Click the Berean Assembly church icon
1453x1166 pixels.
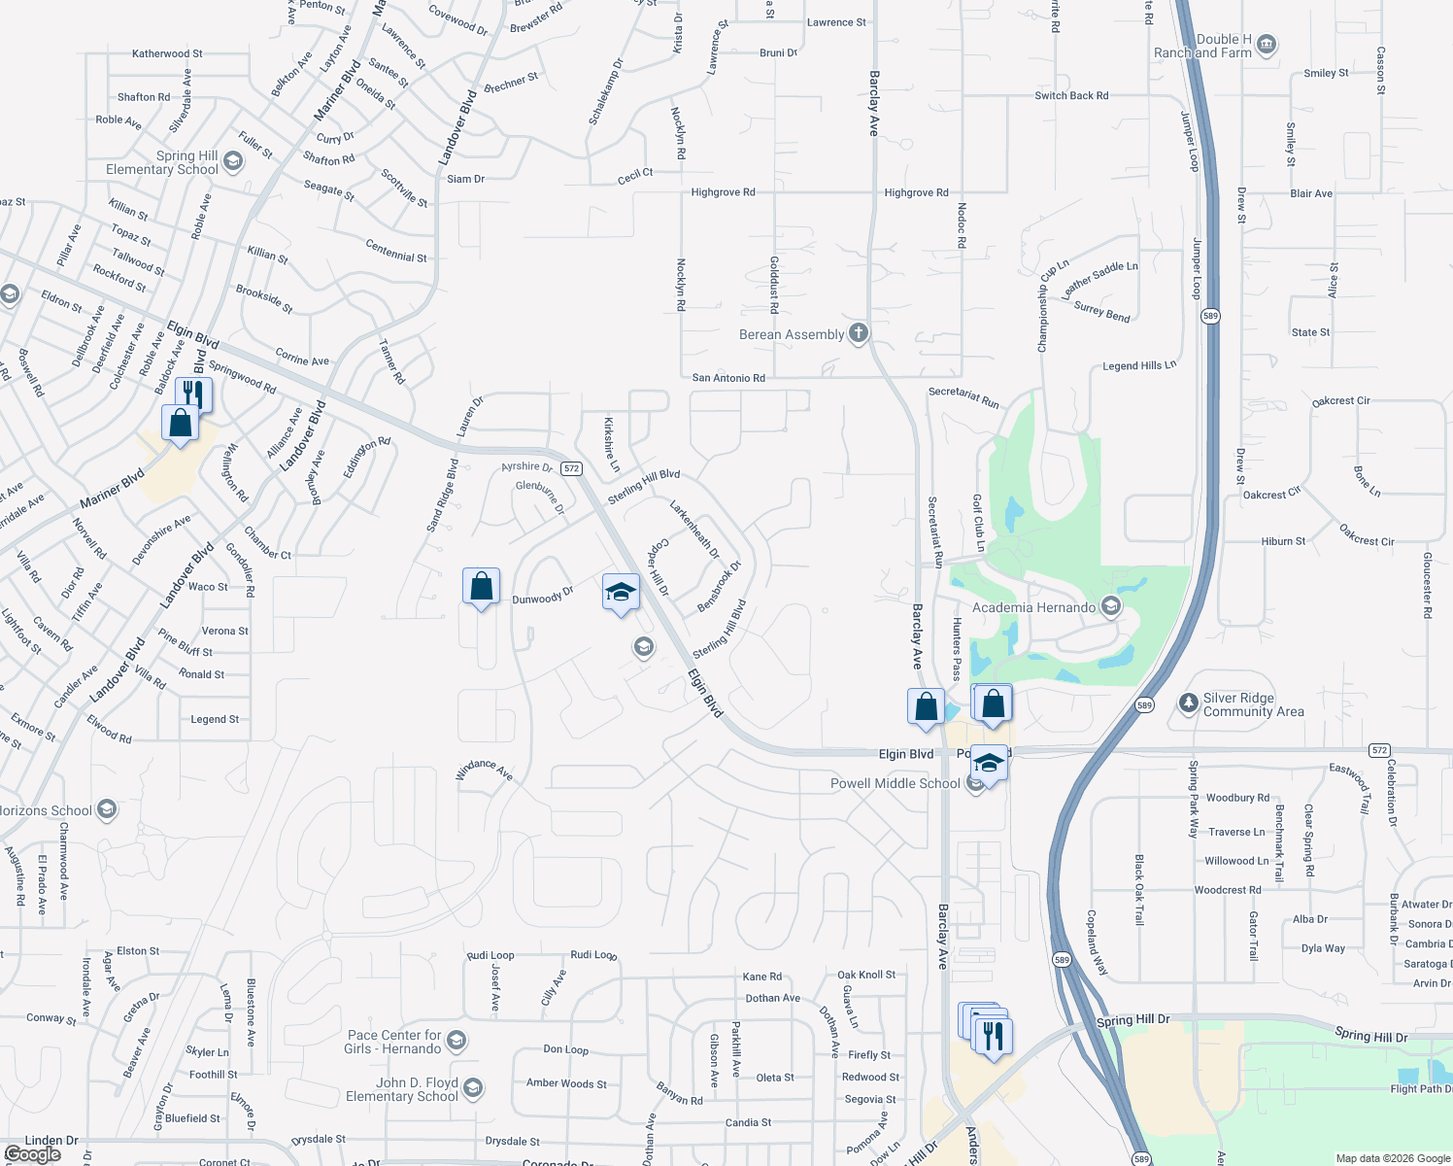click(858, 333)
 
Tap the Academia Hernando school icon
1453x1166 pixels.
click(1111, 607)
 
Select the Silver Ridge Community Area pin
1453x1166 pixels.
click(1188, 703)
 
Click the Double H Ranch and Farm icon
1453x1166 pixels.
click(1266, 44)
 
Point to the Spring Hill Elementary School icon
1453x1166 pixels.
click(232, 160)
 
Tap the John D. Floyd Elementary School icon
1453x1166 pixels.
click(473, 1087)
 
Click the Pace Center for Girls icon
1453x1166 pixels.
click(456, 1041)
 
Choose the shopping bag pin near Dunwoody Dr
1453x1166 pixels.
click(481, 587)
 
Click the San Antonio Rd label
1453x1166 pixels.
click(728, 378)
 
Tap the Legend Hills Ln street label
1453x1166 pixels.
click(1139, 366)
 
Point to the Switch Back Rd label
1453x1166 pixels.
click(1071, 95)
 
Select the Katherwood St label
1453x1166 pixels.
click(167, 53)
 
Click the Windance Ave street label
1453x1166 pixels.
click(484, 770)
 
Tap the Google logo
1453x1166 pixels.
click(32, 1154)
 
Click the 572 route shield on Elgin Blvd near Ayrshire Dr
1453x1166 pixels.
click(571, 468)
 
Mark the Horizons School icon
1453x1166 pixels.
click(107, 808)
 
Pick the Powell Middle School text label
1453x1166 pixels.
click(895, 783)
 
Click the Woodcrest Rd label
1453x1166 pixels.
click(1228, 890)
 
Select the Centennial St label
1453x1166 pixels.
click(396, 251)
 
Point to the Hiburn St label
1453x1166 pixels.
click(1283, 541)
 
